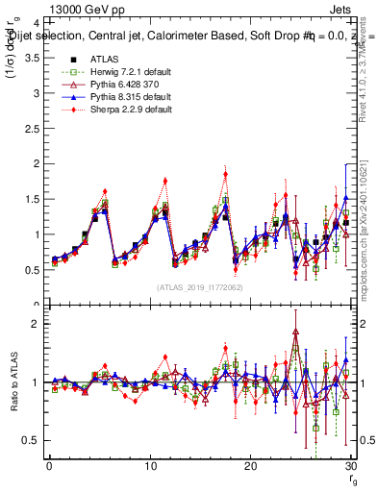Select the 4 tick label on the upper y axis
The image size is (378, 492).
point(36,23)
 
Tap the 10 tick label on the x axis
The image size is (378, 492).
point(150,466)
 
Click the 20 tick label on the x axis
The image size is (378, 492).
point(250,466)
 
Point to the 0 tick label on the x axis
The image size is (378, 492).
point(49,466)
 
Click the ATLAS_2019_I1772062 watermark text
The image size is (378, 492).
point(200,287)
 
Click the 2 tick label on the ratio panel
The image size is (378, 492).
point(36,324)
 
